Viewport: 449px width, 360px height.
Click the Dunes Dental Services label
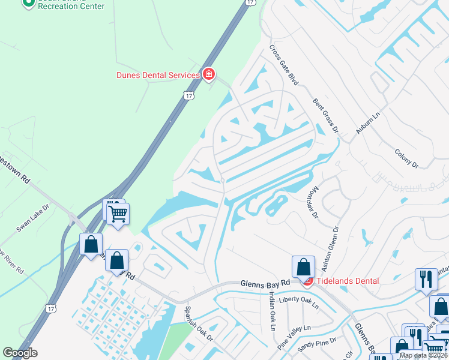(158, 75)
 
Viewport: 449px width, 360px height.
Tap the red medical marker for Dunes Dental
(208, 74)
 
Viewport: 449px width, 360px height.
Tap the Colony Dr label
(406, 155)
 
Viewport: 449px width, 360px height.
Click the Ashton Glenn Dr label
(331, 245)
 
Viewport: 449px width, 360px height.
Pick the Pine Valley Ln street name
(294, 337)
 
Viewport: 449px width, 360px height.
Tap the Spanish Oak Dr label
(199, 325)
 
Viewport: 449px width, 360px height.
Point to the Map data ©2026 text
(423, 355)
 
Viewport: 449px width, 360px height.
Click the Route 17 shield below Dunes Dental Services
(189, 95)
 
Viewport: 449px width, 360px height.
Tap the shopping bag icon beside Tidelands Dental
(304, 266)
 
